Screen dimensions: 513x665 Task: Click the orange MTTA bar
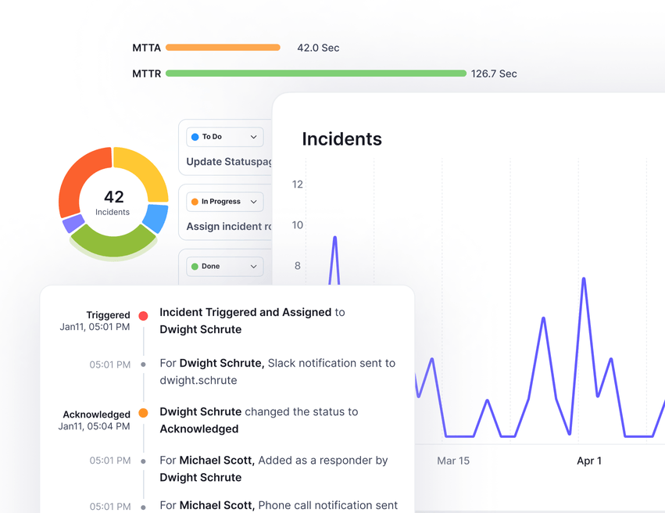click(x=223, y=48)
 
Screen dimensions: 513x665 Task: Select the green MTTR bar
click(x=316, y=74)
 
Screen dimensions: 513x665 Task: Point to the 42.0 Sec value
click(x=318, y=48)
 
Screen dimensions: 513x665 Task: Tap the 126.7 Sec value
click(x=494, y=74)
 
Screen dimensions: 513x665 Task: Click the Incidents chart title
click(x=341, y=139)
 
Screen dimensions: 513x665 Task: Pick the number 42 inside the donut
click(x=113, y=197)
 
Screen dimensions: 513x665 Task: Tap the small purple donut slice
click(x=73, y=224)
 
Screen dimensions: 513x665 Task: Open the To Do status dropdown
click(x=224, y=137)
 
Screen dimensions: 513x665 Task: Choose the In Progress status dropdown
click(x=224, y=202)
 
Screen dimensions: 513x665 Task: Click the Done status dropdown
click(x=224, y=267)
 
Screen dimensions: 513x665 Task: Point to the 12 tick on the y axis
click(x=297, y=185)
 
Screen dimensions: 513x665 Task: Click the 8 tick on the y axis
click(x=297, y=266)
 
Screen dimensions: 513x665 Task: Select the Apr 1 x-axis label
click(x=589, y=461)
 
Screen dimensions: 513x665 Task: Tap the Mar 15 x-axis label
click(x=453, y=461)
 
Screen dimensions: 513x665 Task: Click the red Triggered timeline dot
click(x=143, y=316)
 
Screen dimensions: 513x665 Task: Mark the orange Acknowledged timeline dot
click(x=143, y=413)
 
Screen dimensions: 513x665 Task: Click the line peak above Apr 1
click(x=584, y=278)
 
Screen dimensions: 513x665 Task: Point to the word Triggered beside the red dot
click(x=108, y=315)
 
